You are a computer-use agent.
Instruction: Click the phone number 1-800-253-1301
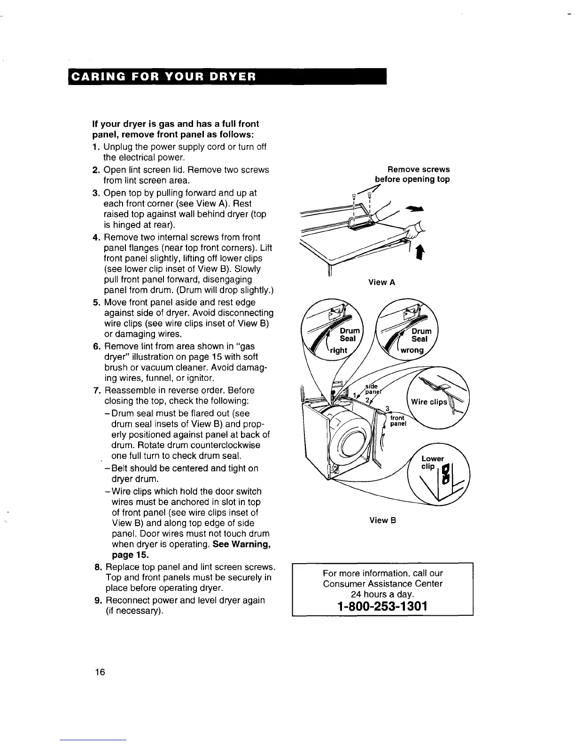(382, 606)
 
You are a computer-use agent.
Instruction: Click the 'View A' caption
(381, 282)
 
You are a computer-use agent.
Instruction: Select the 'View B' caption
(382, 520)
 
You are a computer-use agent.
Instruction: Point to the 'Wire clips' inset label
(429, 402)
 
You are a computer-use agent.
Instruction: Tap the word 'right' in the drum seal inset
(338, 350)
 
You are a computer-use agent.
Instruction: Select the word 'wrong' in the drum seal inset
(412, 350)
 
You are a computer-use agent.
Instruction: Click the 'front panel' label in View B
(397, 420)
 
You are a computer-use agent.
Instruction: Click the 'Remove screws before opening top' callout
(412, 174)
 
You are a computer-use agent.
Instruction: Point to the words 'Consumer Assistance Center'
(382, 584)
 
